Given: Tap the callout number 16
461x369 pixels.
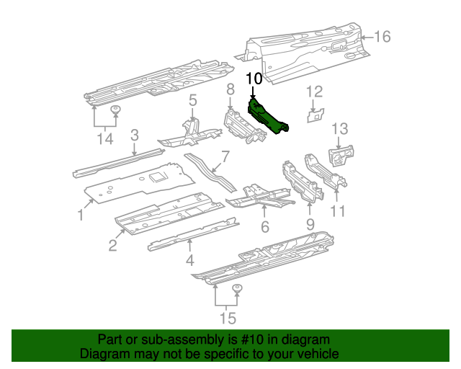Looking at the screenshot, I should pos(382,37).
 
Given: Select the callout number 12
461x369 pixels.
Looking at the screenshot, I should pos(315,91).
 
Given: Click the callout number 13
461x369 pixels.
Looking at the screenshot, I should pos(339,128).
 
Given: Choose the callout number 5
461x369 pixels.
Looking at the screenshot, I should pos(193,100).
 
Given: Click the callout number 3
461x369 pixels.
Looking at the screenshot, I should pos(134,135).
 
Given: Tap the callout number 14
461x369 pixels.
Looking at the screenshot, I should pos(106,138).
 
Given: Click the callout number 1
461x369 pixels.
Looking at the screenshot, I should pos(81,215).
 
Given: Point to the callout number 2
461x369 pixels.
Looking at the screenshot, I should pos(112,246).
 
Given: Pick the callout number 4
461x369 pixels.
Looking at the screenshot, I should pos(190,259).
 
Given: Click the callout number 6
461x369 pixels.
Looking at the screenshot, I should pos(264,227).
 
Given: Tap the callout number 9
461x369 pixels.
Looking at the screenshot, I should pos(310,226).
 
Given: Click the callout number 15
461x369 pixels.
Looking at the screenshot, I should pos(227,318).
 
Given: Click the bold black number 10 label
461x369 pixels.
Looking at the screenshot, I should pos(254,79).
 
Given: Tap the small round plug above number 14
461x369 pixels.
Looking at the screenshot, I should pos(115,110).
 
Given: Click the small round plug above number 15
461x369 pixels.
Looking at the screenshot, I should pos(237,289).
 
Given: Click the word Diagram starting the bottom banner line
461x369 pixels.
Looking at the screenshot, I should pos(103,354).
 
